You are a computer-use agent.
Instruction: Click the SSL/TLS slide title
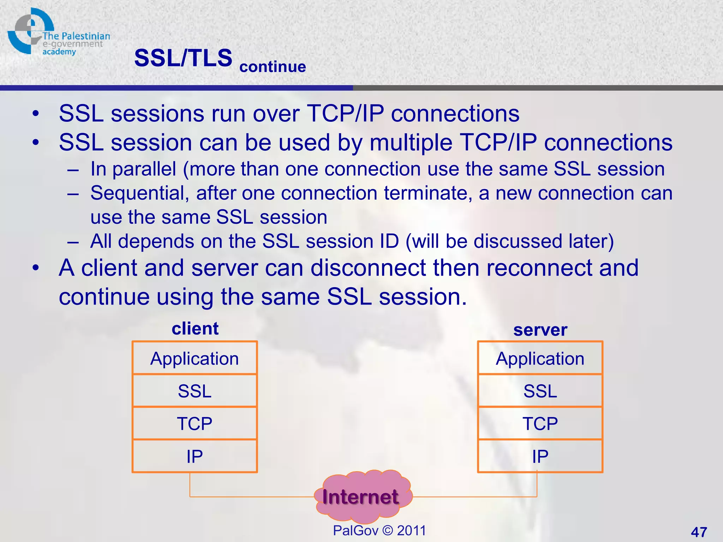[183, 58]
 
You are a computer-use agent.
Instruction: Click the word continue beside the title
[273, 67]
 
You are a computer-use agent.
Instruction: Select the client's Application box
[195, 359]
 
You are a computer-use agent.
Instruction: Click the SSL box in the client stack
[195, 391]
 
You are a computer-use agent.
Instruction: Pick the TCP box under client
[195, 423]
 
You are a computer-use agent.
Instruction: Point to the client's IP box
[195, 456]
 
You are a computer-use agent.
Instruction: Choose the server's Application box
[540, 359]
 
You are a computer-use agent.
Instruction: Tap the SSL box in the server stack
[540, 391]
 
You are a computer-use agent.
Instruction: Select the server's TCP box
[540, 423]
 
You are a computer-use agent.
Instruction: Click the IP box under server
[540, 456]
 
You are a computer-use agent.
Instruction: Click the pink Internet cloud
[361, 497]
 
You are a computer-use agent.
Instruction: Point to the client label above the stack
[195, 329]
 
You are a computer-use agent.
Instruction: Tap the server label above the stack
[540, 330]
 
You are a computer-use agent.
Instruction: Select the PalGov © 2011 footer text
[379, 530]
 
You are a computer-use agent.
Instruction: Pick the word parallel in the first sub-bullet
[144, 169]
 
